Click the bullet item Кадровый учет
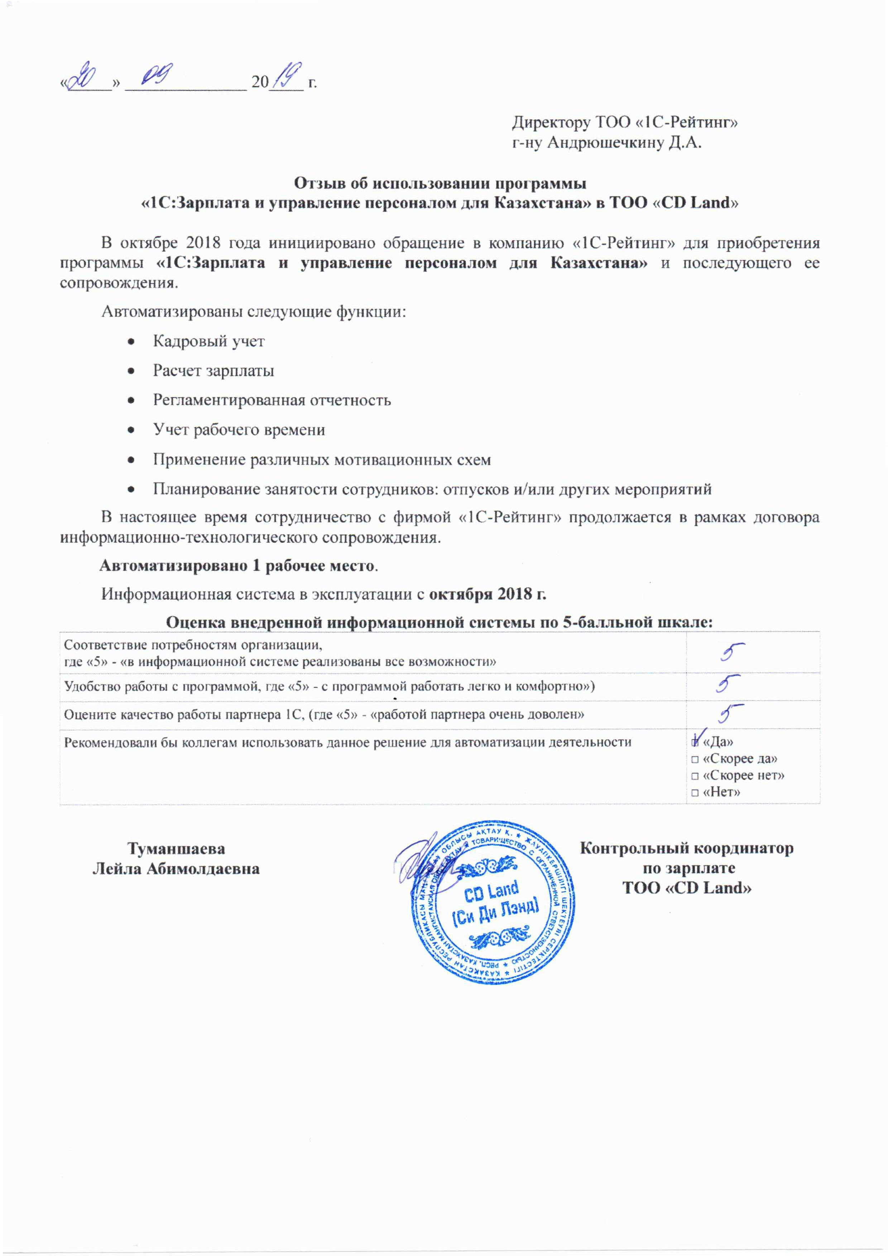pyautogui.click(x=208, y=341)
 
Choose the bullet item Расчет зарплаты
pyautogui.click(x=213, y=371)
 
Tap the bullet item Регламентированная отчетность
pyautogui.click(x=272, y=400)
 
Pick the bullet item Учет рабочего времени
pyautogui.click(x=239, y=430)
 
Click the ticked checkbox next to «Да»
pyautogui.click(x=695, y=742)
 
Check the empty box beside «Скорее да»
pyautogui.click(x=695, y=759)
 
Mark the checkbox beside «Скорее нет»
pyautogui.click(x=695, y=776)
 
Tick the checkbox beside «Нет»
pyautogui.click(x=695, y=792)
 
